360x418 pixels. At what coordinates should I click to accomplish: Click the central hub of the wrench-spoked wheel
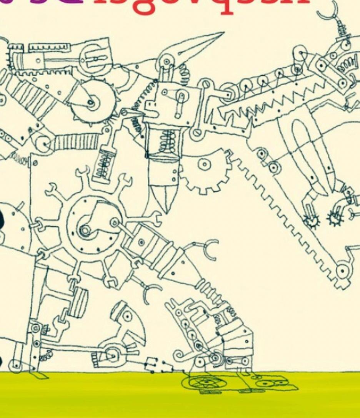coord(85,229)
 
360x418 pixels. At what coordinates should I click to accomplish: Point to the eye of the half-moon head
coord(127,316)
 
